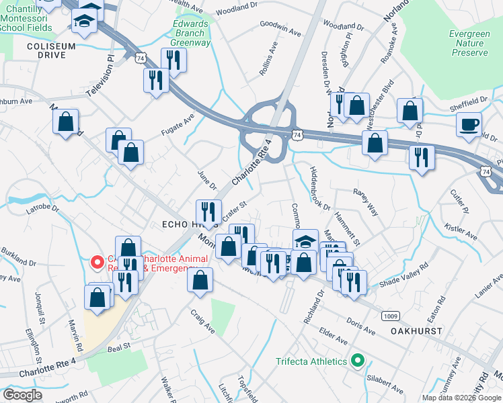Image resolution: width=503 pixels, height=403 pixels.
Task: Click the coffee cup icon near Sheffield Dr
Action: pos(469,124)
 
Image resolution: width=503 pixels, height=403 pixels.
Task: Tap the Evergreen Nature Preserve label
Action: pos(469,43)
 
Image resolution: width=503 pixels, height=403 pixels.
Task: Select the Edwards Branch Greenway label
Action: pos(190,32)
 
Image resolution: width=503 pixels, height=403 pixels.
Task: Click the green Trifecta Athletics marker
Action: pos(358,361)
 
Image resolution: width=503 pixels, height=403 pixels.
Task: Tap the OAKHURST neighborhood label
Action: pos(416,331)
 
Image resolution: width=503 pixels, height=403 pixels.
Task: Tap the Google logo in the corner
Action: pos(22,395)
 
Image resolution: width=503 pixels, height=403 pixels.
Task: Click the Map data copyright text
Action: pos(461,398)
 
